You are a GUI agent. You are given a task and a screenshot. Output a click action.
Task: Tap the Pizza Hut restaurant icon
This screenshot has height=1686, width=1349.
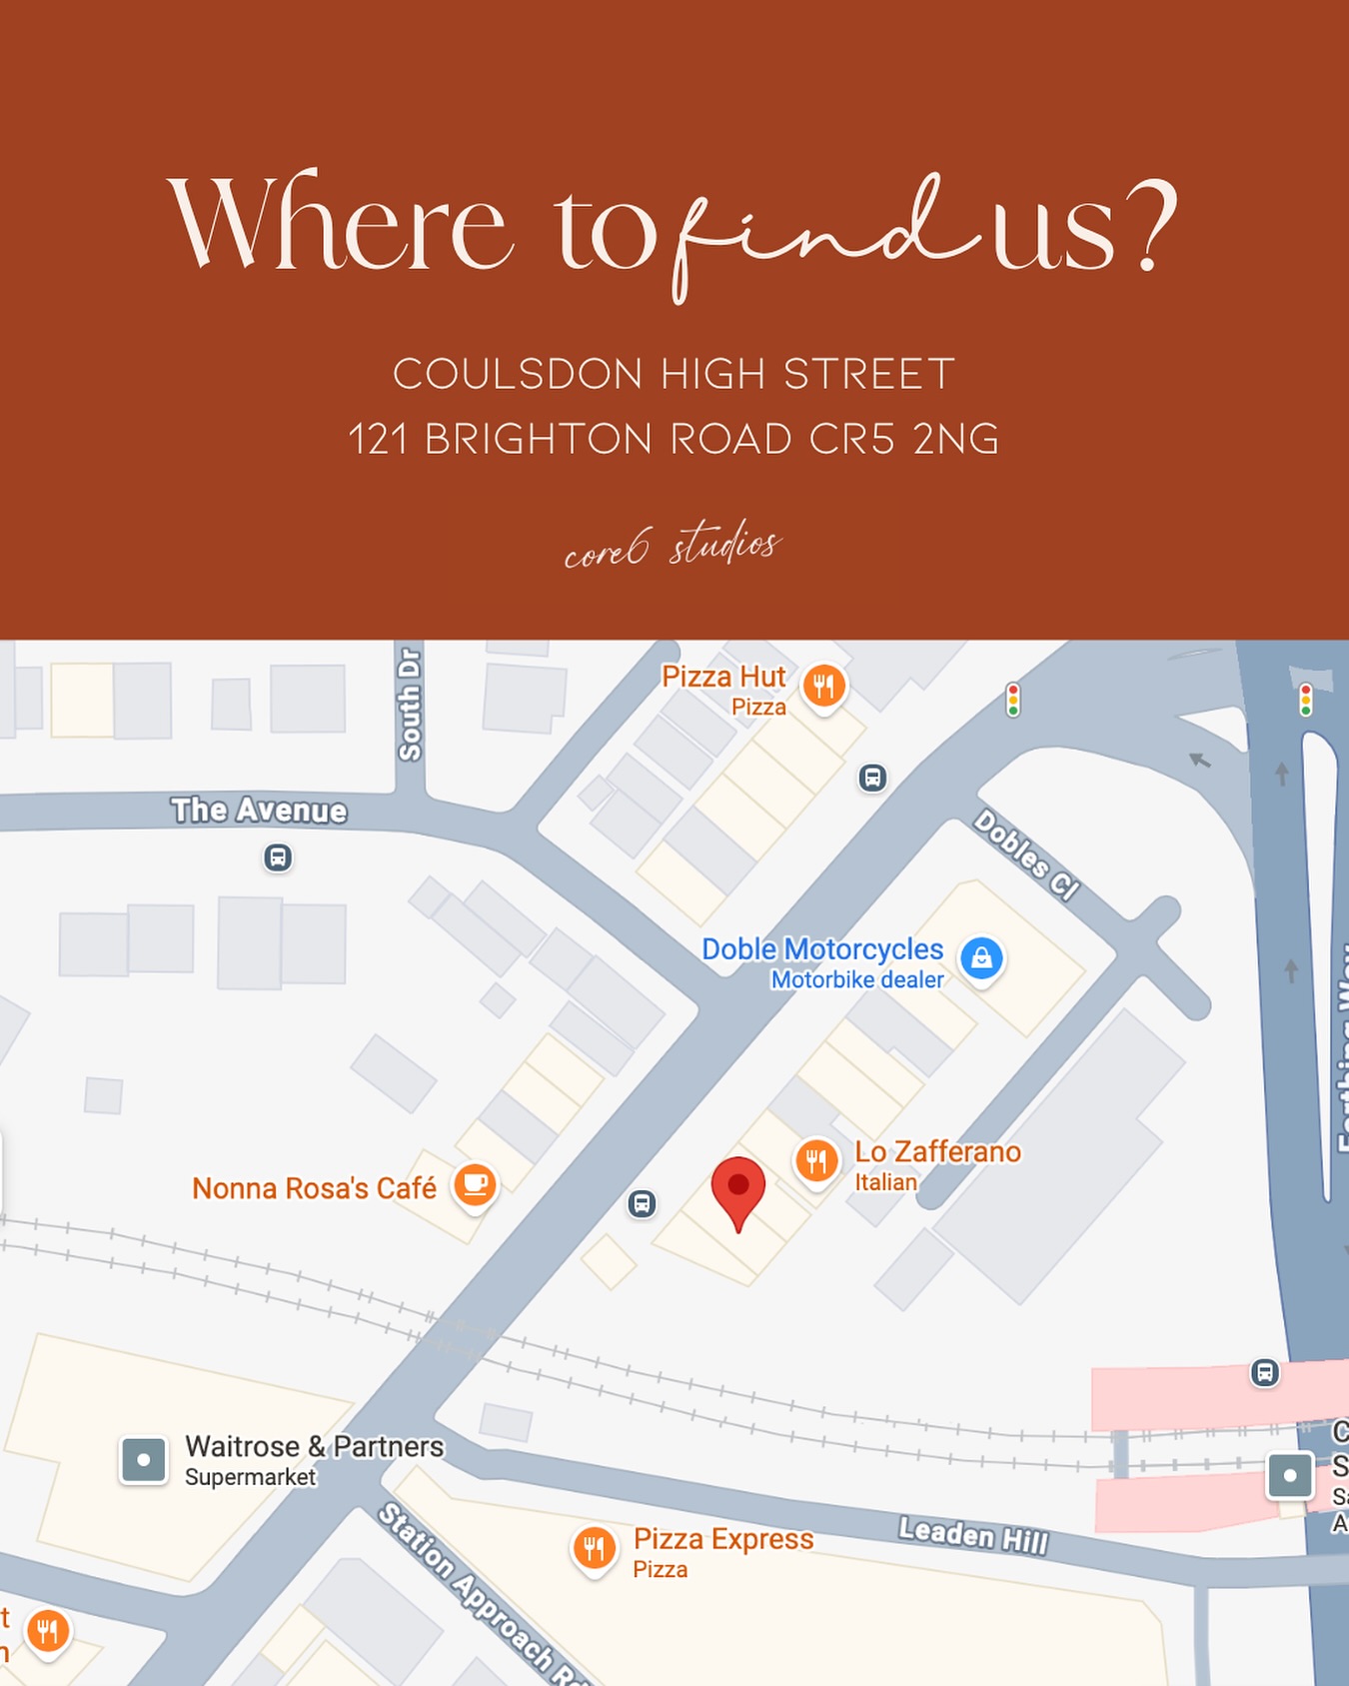[x=823, y=686]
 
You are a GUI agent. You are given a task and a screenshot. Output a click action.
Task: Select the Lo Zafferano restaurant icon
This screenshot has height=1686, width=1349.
[x=816, y=1160]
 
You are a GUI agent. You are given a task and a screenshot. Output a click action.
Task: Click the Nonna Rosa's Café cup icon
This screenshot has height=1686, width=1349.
[x=476, y=1184]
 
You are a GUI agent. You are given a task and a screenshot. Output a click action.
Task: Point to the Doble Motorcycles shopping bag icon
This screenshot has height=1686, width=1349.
[x=981, y=957]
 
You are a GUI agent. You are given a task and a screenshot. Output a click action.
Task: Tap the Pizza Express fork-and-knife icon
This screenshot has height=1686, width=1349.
[x=594, y=1548]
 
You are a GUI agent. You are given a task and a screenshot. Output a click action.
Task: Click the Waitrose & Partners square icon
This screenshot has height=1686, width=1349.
[x=144, y=1460]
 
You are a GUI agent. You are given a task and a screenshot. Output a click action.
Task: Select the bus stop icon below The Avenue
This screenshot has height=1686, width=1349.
[x=278, y=857]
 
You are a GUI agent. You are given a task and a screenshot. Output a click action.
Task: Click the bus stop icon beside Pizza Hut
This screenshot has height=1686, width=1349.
[x=872, y=778]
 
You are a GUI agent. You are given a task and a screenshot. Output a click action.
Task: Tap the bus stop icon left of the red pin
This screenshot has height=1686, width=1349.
[x=643, y=1203]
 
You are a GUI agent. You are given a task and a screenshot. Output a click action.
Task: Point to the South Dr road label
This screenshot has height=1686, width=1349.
[x=410, y=704]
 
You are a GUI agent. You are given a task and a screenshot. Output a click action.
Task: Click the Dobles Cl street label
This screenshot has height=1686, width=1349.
[x=1026, y=854]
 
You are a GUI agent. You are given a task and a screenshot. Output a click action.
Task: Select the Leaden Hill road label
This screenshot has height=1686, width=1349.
[x=972, y=1535]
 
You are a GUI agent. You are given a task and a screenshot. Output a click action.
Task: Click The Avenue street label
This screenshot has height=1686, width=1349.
[x=259, y=810]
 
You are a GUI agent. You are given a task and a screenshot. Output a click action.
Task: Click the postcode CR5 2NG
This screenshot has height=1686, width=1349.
[x=904, y=439]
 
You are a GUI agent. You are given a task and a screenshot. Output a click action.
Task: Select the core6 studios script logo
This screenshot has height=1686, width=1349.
[x=673, y=546]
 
